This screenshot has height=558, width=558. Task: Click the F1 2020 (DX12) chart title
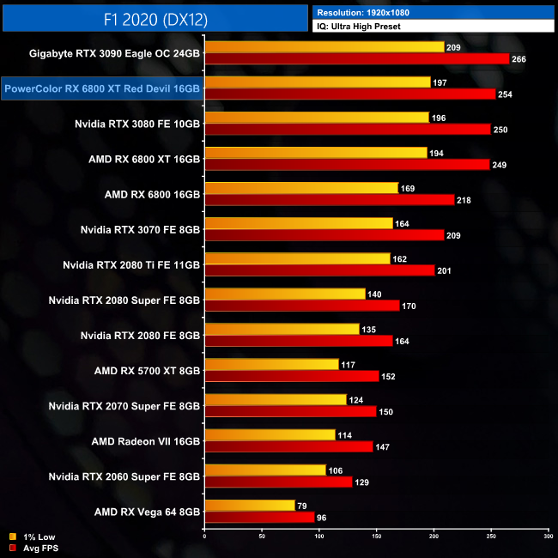[x=155, y=18]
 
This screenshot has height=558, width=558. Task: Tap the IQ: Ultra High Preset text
[x=358, y=27]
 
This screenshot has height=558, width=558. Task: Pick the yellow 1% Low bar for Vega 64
[x=249, y=506]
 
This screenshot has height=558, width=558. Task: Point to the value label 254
[x=505, y=94]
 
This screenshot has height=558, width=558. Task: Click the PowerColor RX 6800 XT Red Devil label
[x=102, y=88]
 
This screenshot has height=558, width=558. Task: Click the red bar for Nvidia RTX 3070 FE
[x=324, y=235]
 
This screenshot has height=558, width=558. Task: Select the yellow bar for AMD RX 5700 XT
[x=271, y=365]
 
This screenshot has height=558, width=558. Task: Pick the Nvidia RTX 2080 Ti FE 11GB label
[x=131, y=264]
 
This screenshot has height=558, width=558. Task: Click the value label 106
[x=336, y=470]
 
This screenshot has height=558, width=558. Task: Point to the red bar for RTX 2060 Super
[x=278, y=482]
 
